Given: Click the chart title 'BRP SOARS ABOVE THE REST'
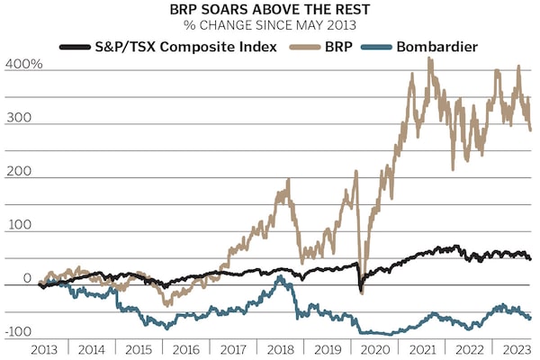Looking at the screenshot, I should pyautogui.click(x=270, y=11).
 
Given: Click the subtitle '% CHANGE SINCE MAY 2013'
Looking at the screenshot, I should pyautogui.click(x=270, y=24).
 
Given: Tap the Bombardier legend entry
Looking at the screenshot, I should pyautogui.click(x=429, y=45).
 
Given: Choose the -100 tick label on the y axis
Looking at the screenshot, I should pyautogui.click(x=20, y=331).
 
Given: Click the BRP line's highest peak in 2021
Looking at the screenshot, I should pyautogui.click(x=429, y=58).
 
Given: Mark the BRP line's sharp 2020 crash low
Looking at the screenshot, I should pyautogui.click(x=362, y=292).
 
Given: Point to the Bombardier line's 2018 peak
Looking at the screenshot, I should pyautogui.click(x=281, y=277).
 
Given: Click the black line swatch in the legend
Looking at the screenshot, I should pyautogui.click(x=75, y=45).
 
